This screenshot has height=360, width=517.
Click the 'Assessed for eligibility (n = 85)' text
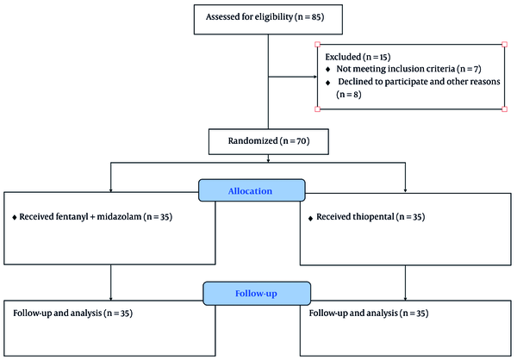coord(265,17)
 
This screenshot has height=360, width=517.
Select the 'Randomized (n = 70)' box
coord(269,141)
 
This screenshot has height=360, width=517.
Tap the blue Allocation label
coord(252,190)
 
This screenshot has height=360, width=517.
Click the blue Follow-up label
coord(257,294)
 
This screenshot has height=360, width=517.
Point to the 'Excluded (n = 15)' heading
coord(358,57)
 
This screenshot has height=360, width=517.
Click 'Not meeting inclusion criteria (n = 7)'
coord(408,69)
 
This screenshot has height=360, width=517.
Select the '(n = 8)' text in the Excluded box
coord(349,95)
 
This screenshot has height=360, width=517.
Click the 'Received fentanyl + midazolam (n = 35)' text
coord(96,217)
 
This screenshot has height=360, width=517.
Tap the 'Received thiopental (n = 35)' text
coord(371,217)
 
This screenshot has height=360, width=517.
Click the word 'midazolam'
coord(119,217)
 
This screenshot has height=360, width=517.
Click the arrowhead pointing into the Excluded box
coord(315,77)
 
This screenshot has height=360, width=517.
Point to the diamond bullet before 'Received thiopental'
coord(310,218)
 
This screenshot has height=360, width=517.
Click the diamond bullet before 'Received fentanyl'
coord(14,218)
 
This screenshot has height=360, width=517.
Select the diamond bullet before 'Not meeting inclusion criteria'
coord(327,69)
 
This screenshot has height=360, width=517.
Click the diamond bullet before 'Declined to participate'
coord(327,83)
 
